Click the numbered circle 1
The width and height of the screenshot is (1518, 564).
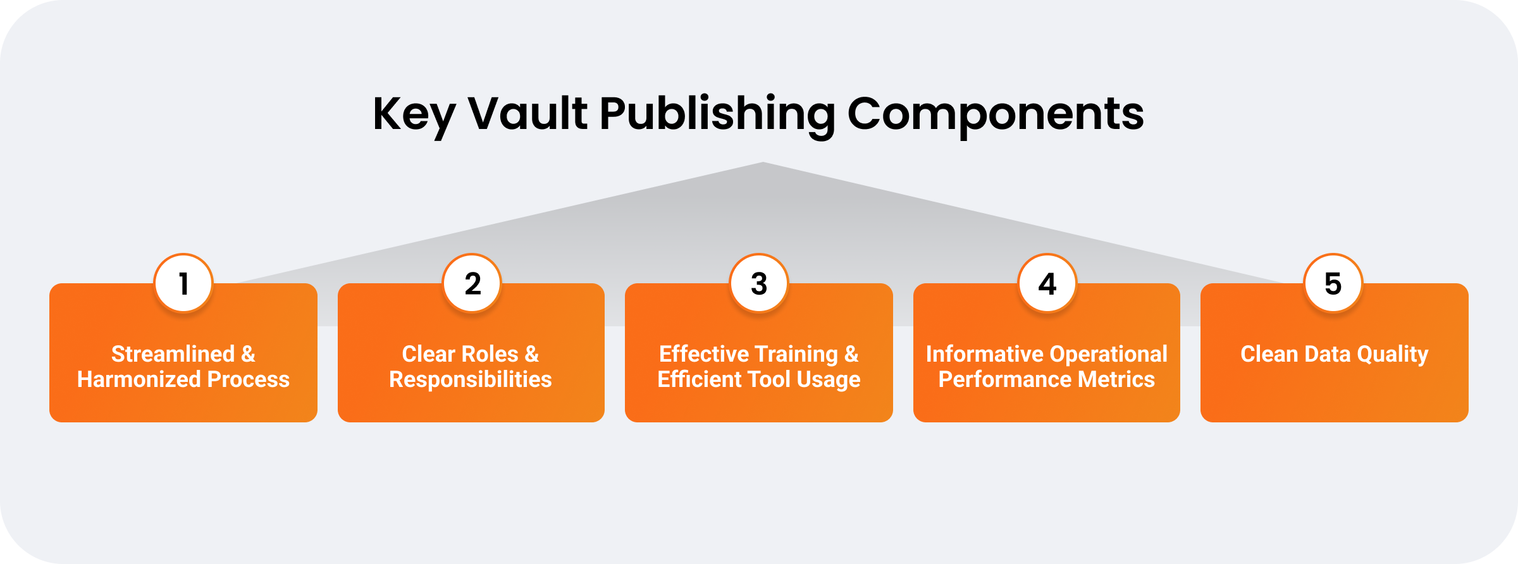point(183,283)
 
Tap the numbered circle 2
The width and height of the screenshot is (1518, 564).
point(472,283)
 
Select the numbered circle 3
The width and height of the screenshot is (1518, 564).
point(759,283)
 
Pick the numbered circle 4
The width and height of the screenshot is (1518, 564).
point(1047,283)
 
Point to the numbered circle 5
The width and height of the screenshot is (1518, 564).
point(1333,283)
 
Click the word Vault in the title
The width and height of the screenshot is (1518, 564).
point(528,114)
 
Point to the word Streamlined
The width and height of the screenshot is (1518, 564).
point(173,354)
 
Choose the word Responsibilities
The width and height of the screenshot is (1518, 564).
point(471,379)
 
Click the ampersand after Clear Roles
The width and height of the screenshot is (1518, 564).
point(531,354)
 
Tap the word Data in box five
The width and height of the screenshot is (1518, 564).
point(1327,354)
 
